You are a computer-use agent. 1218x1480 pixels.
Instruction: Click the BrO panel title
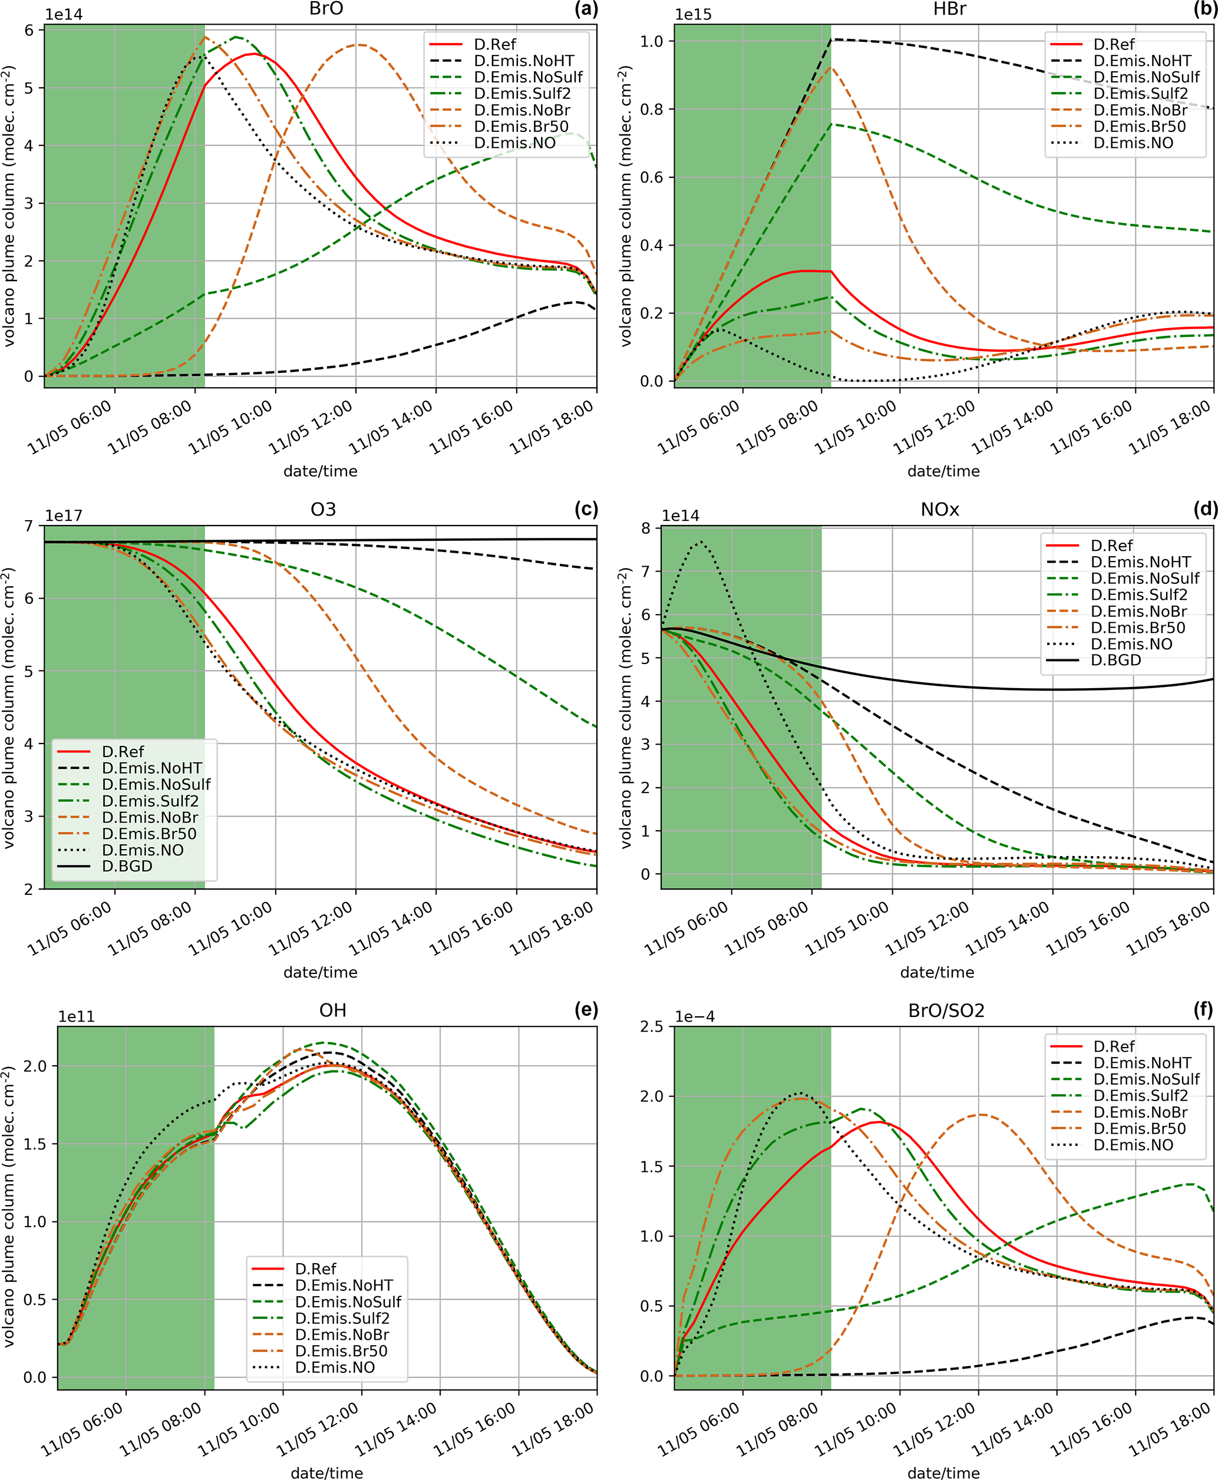326,9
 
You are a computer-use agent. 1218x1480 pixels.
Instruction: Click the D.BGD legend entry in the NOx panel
1115,660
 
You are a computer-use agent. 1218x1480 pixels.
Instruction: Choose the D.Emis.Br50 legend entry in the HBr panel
1138,126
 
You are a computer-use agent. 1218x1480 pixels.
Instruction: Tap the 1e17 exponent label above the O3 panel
64,516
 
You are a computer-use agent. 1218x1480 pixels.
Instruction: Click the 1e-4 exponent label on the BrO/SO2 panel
695,1016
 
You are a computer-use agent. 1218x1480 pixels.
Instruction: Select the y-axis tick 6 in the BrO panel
29,30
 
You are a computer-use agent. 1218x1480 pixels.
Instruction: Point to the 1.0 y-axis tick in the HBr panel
651,41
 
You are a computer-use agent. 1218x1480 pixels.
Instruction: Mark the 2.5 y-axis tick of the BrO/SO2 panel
651,1026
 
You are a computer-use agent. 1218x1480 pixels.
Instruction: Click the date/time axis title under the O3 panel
320,972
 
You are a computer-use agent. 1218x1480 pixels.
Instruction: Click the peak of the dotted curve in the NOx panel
700,541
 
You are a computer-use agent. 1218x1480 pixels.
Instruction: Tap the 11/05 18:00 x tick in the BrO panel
553,428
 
